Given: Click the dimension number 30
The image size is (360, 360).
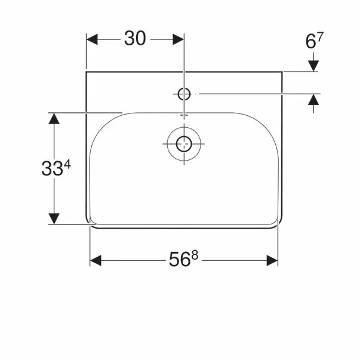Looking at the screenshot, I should tap(136, 39).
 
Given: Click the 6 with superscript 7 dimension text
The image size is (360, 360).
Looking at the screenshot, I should tap(314, 41).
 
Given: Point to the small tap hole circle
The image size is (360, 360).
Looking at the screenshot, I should tap(184, 93).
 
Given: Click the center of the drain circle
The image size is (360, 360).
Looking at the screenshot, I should tap(183, 143).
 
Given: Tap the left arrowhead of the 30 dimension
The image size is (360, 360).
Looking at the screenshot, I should tap(92, 39).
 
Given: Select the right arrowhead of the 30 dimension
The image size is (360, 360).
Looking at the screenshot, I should tap(179, 39).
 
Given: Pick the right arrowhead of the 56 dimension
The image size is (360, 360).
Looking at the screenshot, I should tap(273, 260).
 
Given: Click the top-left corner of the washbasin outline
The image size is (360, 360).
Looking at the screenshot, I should tap(87, 72).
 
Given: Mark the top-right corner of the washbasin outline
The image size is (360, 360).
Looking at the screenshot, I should tap(282, 72).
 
